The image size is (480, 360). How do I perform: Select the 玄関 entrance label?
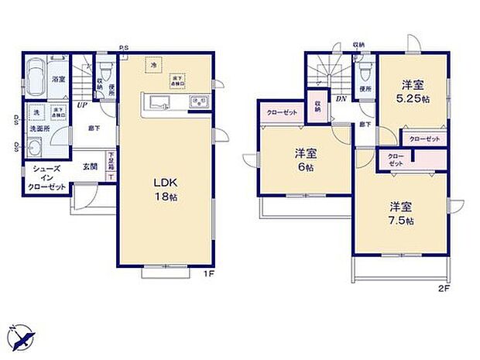click(x=90, y=166)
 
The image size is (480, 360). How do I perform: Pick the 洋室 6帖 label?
click(x=304, y=160)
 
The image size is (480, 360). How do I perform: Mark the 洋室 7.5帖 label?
click(x=401, y=214)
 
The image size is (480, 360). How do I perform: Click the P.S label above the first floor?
click(x=124, y=48)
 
